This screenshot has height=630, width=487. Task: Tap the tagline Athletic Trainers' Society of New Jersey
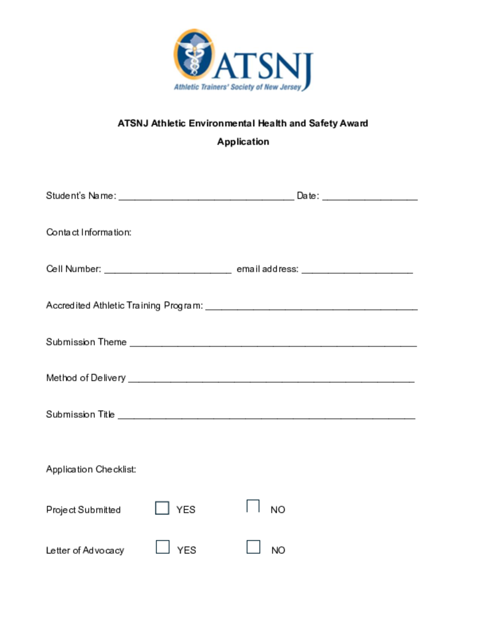(x=238, y=87)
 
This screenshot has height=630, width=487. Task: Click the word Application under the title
(x=243, y=142)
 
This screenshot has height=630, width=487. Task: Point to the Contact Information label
(x=89, y=233)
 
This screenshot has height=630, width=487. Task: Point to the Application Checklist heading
(x=91, y=469)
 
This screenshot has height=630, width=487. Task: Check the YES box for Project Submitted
(x=162, y=508)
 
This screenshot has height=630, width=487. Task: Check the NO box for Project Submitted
(x=253, y=506)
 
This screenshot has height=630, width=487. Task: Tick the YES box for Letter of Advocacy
(x=163, y=547)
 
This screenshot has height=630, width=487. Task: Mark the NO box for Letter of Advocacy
(x=253, y=547)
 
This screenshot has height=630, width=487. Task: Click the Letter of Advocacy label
(x=85, y=551)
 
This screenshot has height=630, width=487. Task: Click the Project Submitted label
(x=83, y=510)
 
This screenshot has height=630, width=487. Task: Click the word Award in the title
(x=353, y=123)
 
